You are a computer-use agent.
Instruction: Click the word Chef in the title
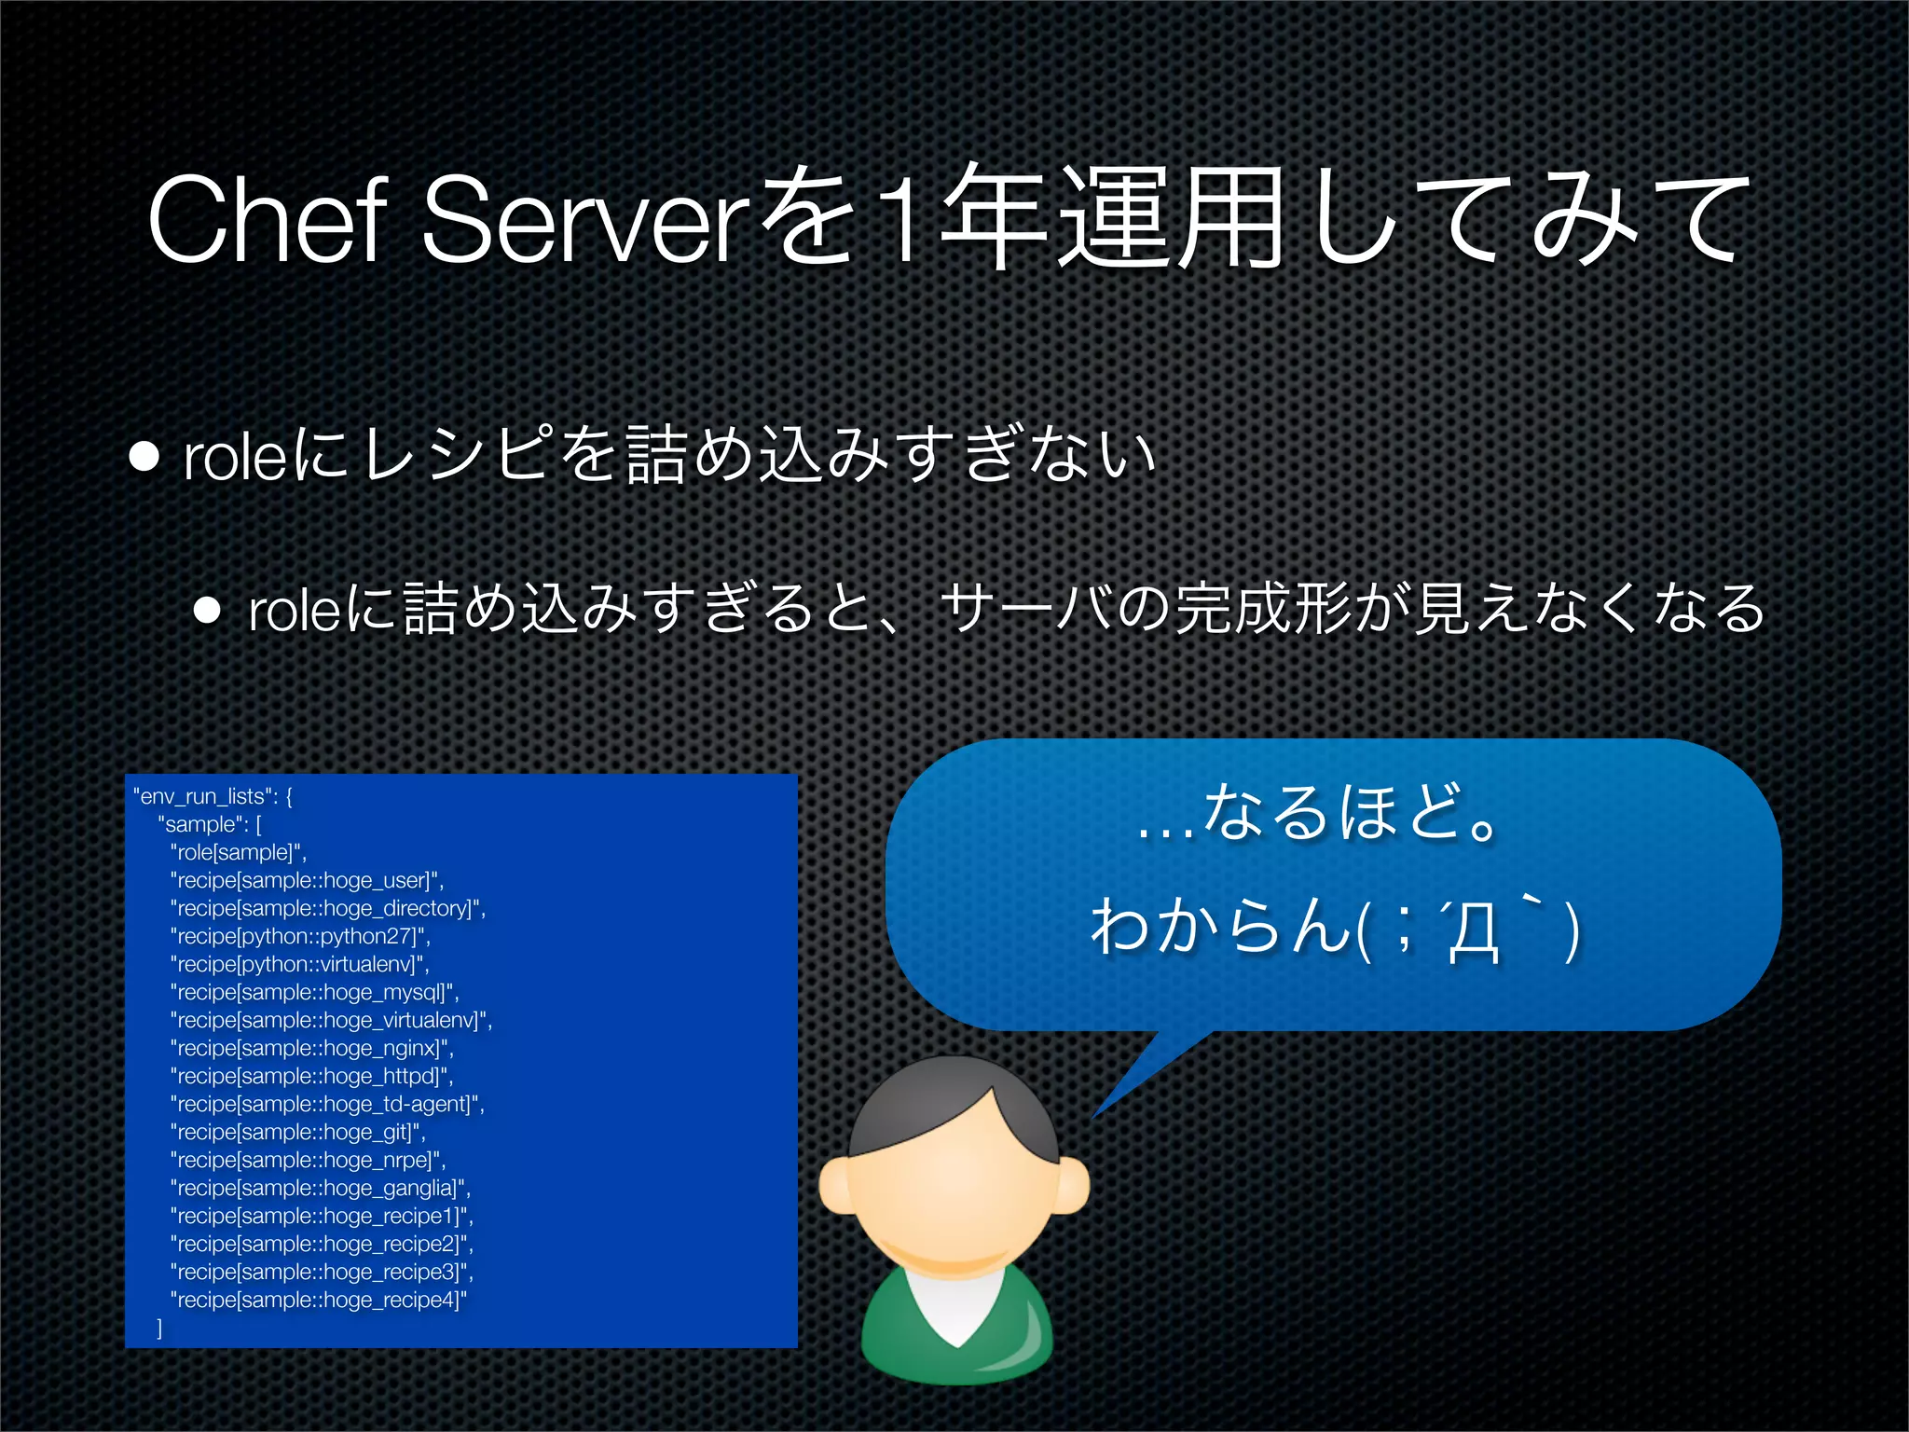267,220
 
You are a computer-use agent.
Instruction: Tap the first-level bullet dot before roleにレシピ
144,457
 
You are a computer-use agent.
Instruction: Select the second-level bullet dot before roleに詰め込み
207,611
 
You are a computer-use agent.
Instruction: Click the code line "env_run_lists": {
213,796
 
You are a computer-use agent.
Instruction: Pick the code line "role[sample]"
239,852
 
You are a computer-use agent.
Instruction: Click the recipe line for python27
300,936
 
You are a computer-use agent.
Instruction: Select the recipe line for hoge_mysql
315,992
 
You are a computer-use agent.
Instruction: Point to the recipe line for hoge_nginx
312,1048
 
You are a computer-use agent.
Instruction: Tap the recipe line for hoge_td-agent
327,1104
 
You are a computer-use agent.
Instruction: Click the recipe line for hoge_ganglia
321,1188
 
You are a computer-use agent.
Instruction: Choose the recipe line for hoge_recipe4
318,1300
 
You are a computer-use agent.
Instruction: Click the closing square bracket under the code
159,1328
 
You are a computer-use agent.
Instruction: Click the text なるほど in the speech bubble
1352,811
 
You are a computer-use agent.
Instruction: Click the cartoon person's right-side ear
1072,1184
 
